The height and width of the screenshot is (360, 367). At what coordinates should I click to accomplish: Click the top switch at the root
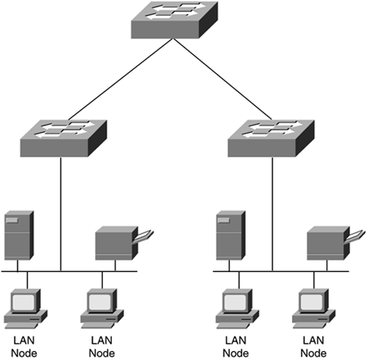pos(175,20)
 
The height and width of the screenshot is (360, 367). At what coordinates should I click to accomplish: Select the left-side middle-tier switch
pos(64,138)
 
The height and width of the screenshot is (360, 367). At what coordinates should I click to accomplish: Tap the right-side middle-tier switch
pos(271,138)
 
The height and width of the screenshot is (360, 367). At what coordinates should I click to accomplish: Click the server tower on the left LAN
pos(19,235)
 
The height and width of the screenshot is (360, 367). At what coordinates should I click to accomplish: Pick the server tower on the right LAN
pos(231,235)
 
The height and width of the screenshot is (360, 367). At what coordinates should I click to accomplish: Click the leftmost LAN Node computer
pos(25,309)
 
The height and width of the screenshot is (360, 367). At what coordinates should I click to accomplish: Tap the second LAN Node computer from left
pos(102,309)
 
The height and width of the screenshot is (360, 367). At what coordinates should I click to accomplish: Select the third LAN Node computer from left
pos(237,309)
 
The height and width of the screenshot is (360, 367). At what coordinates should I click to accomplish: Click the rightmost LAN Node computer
pos(314,309)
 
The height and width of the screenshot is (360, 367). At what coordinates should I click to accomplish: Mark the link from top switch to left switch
pos(120,79)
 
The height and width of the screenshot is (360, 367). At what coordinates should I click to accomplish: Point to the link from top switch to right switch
pos(223,79)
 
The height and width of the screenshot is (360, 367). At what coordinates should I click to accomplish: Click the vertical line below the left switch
pos(60,214)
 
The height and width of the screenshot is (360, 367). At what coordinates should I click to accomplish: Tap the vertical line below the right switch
pos(272,214)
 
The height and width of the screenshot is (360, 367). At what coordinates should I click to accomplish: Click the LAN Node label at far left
pos(24,347)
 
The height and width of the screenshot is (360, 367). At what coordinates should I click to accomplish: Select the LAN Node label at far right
pos(313,347)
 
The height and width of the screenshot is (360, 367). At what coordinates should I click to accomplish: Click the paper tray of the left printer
pos(144,235)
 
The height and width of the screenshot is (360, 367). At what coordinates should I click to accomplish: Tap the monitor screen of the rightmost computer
pos(312,302)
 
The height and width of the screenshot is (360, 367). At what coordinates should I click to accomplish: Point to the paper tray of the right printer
pos(356,235)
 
